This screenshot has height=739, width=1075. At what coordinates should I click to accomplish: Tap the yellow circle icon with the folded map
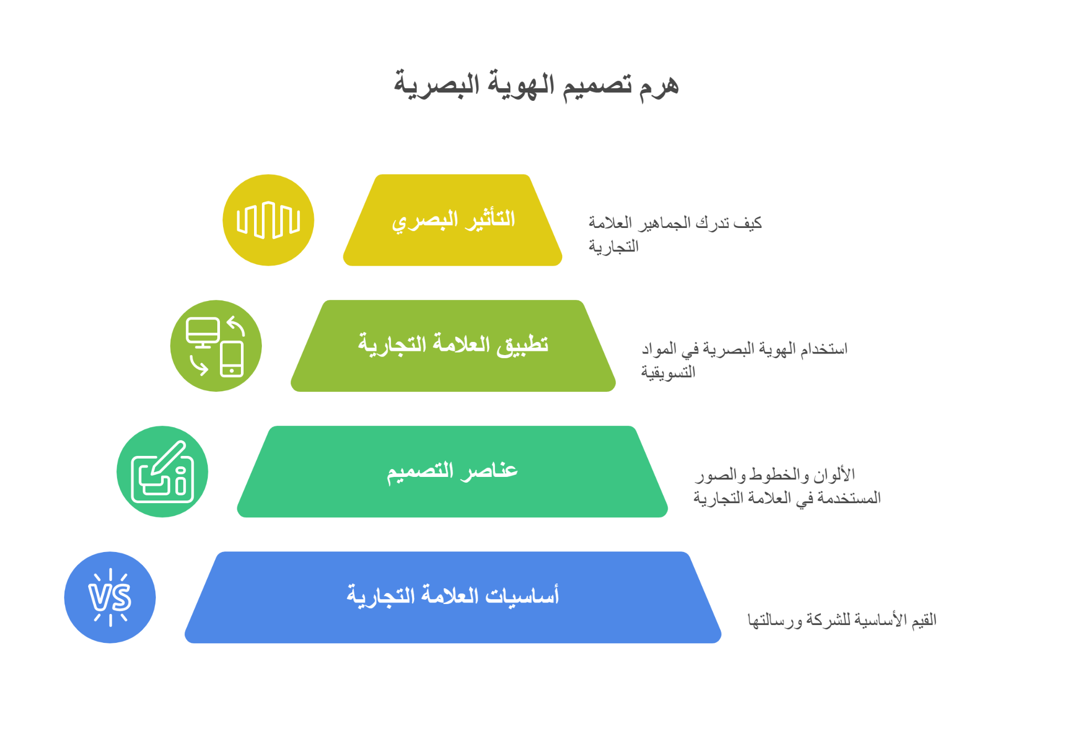point(268,220)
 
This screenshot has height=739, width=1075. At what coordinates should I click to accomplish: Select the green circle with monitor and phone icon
point(216,346)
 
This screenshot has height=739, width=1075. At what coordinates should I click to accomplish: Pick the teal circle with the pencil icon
point(162,472)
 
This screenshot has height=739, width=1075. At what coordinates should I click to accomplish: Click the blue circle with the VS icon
point(110,597)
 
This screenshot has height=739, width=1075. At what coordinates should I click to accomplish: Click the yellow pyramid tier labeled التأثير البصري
point(452,220)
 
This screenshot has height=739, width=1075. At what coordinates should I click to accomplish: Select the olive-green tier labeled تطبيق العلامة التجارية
point(453,346)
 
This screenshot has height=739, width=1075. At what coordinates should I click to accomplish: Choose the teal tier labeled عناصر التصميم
point(452,472)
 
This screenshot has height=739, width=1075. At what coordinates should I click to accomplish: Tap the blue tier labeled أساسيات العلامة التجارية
point(453,597)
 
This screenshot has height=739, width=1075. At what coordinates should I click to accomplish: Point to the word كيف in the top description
point(748,223)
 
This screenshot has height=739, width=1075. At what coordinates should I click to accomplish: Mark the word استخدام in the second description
point(824,349)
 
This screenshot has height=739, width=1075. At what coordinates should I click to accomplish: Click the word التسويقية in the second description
point(668,372)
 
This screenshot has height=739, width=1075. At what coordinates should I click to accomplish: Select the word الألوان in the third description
point(834,475)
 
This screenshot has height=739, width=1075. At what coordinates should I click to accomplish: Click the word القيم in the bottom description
point(924,620)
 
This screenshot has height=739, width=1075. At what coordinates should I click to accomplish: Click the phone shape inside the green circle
point(231,359)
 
